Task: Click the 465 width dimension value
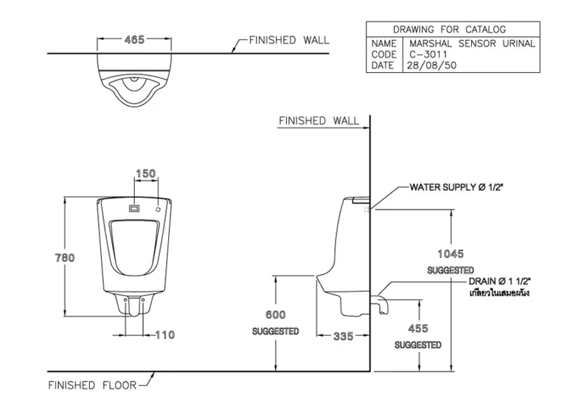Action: [134, 40]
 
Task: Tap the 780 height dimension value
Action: [65, 258]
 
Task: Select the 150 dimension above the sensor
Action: [145, 173]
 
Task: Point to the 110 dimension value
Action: [165, 335]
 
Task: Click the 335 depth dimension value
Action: [343, 336]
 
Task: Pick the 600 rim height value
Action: [276, 315]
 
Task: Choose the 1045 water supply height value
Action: [451, 254]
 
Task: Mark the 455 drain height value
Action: [418, 328]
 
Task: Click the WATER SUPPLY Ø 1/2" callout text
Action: [456, 187]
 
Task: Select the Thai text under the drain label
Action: [499, 293]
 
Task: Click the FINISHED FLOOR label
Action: [92, 385]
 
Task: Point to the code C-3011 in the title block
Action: [428, 54]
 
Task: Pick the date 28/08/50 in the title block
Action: [432, 65]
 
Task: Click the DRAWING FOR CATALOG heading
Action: [449, 29]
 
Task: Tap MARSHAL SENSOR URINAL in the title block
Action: [472, 43]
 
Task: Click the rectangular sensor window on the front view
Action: [135, 209]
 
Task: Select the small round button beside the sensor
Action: [158, 209]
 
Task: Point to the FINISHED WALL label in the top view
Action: [289, 40]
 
